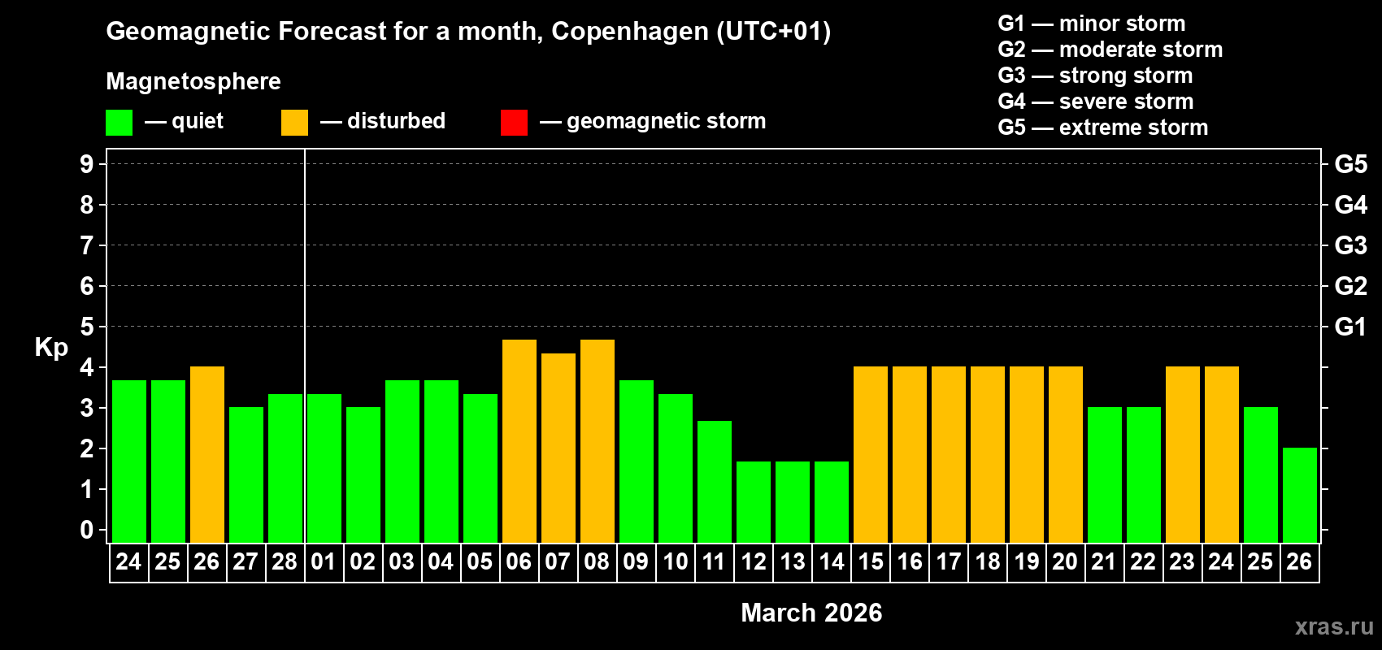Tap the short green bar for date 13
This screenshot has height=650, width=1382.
tap(793, 502)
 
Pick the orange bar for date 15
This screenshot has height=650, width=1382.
tap(871, 455)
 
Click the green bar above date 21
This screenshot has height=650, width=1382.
tap(1105, 475)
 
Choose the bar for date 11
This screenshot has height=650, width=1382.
tap(715, 482)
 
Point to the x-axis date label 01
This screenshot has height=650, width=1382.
tap(324, 561)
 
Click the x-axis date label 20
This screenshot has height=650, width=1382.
tap(1065, 561)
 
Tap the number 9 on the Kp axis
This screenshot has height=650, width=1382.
tap(87, 164)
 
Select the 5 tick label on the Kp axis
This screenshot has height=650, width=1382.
tap(87, 327)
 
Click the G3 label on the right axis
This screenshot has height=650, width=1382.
tap(1350, 245)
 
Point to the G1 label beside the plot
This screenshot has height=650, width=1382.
tap(1350, 327)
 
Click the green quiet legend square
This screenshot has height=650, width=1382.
tap(120, 123)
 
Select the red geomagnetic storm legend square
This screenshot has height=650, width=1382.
tap(514, 123)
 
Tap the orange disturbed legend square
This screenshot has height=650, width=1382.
tap(294, 123)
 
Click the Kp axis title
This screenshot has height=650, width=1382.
tap(51, 348)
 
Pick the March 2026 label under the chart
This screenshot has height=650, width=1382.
tap(811, 613)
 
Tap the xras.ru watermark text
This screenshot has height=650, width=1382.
tap(1334, 626)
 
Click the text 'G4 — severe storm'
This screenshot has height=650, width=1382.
tap(1095, 102)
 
